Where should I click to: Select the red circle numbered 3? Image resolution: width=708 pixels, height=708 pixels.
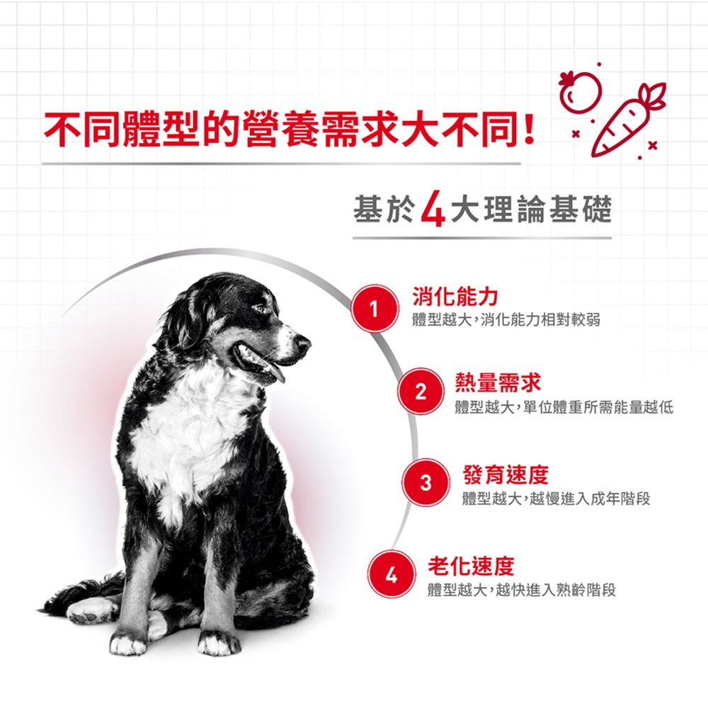[426, 482]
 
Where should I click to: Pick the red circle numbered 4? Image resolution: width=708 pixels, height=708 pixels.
[391, 574]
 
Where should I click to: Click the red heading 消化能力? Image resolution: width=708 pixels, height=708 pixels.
[455, 296]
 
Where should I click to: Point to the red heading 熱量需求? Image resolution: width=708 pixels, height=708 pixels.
[498, 383]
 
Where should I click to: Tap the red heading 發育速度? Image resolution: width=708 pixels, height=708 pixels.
[506, 474]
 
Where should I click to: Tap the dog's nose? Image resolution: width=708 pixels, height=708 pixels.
[303, 344]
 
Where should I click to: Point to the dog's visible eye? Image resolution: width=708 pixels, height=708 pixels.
[261, 309]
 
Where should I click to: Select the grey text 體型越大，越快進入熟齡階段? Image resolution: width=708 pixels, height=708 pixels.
[521, 590]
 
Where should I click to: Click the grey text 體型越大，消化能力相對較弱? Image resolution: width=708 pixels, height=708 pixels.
[506, 320]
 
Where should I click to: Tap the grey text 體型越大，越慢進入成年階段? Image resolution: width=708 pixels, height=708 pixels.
[556, 498]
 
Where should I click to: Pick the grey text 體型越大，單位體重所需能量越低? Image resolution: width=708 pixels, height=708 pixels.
[564, 407]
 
